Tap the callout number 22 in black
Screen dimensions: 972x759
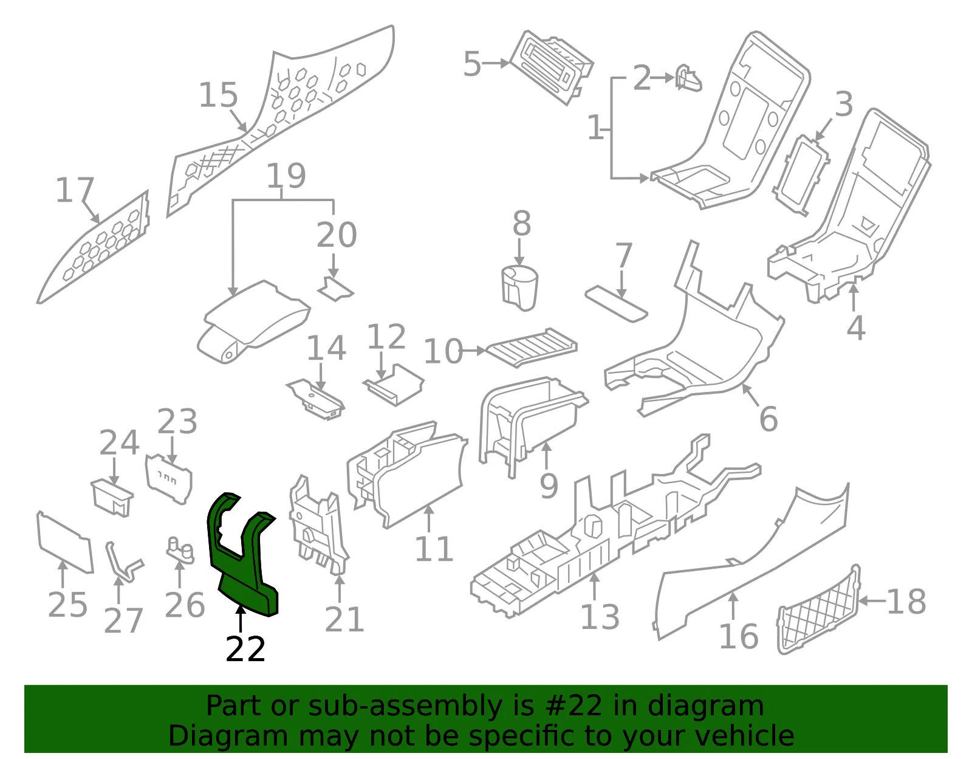(x=245, y=649)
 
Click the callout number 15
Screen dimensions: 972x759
(x=218, y=95)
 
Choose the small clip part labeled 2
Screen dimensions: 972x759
(x=688, y=78)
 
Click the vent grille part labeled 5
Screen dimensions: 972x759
(x=552, y=67)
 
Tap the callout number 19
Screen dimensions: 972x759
(x=287, y=176)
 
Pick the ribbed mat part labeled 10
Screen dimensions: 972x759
(x=532, y=348)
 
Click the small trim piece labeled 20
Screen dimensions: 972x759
(x=335, y=289)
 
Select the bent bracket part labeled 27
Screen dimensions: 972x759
(x=123, y=562)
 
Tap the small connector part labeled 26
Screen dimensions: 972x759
(x=180, y=550)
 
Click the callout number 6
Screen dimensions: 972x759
(x=768, y=419)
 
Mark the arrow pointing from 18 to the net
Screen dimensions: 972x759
(x=872, y=601)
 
